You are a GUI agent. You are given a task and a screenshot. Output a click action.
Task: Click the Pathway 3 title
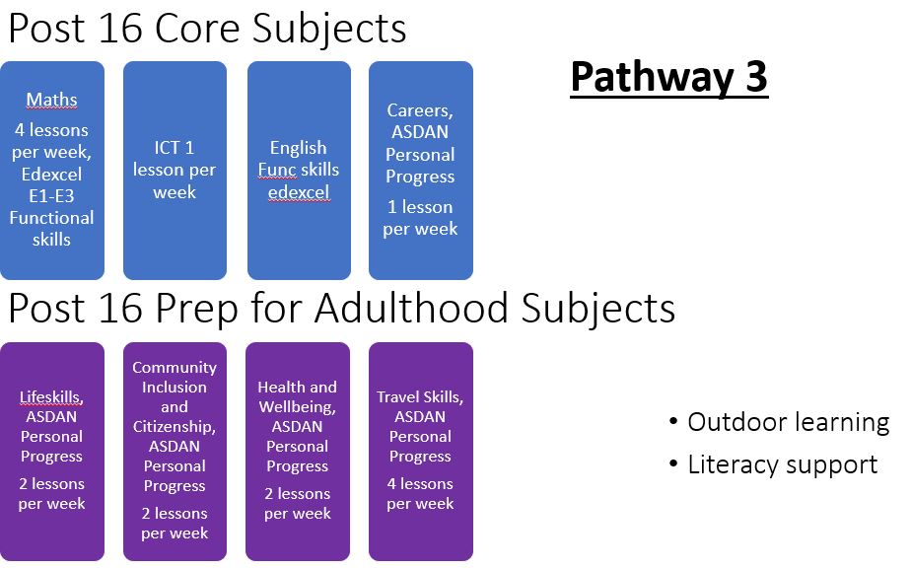coord(669,77)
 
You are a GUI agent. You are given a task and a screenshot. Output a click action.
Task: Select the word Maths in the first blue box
coord(51,100)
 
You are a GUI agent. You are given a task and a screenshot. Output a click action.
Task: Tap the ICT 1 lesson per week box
coord(175,171)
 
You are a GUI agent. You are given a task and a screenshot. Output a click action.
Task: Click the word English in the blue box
coord(298,148)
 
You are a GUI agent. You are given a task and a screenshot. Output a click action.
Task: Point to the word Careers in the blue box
coord(419,110)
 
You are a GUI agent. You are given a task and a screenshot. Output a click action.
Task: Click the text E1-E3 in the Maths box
coord(51,196)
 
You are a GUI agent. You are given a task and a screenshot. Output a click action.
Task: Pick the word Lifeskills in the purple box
coord(51,397)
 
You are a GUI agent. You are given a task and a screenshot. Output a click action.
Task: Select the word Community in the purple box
coord(175,368)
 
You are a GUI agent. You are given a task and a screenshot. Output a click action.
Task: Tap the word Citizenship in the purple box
coord(175,427)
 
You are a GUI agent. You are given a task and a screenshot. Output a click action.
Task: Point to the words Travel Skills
coord(419,397)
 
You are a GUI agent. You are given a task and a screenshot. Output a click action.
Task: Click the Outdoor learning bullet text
coord(789,423)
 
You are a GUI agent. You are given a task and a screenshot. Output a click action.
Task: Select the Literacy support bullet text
coord(783,465)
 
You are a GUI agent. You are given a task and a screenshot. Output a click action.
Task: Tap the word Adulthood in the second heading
coord(412,307)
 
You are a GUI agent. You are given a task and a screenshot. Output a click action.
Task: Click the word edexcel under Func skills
coord(299,192)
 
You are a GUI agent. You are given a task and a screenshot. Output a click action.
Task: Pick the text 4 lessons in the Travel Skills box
coord(420,484)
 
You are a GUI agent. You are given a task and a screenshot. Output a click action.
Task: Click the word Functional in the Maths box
coord(51,218)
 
